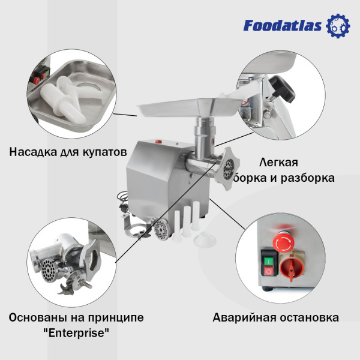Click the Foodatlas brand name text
tap(283, 25)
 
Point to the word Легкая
tap(278, 162)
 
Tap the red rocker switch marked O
tap(269, 272)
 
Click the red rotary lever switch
tap(294, 267)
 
